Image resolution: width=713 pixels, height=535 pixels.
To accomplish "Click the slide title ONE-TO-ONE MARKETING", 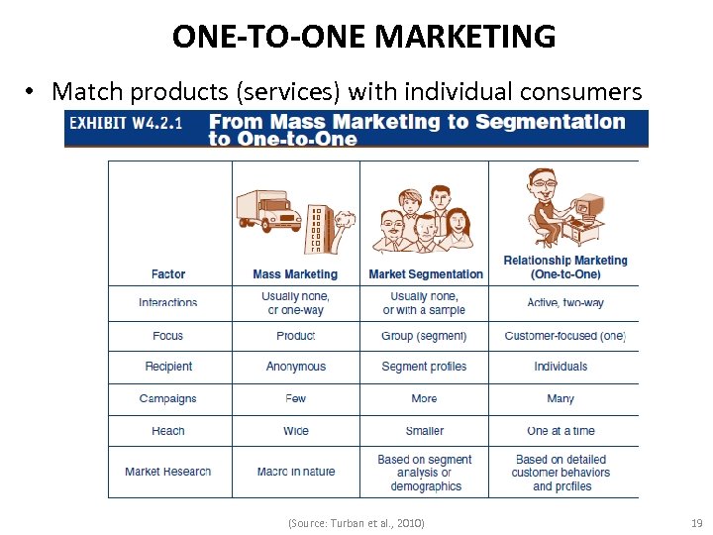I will [363, 37].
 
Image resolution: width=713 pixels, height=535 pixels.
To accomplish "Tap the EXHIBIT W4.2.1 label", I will [132, 121].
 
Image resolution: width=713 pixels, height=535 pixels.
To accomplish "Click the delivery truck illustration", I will [268, 209].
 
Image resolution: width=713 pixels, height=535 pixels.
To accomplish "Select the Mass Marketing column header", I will [295, 274].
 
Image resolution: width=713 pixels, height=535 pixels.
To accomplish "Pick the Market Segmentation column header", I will [426, 274].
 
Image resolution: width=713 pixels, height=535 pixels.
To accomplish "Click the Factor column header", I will [168, 274].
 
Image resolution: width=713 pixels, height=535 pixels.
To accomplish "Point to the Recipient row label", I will [168, 367].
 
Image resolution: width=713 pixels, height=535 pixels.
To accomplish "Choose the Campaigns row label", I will [168, 399].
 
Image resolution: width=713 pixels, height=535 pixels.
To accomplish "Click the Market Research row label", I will [168, 472].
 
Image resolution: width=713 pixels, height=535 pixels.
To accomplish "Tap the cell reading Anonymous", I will [295, 367].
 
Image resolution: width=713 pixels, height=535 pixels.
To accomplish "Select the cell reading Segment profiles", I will [424, 367].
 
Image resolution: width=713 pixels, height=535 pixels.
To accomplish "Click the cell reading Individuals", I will [560, 367].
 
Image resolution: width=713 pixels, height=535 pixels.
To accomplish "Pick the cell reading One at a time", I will [560, 431].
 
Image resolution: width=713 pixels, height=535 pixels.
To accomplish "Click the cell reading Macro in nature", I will [295, 472].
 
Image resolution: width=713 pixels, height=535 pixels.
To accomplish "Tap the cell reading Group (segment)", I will [424, 336].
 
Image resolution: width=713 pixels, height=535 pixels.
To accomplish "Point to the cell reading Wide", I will [295, 431].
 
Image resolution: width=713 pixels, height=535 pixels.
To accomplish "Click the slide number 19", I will [694, 522].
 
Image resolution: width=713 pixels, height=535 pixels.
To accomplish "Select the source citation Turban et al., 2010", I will [356, 522].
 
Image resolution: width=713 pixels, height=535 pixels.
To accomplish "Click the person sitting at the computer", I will [551, 207].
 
